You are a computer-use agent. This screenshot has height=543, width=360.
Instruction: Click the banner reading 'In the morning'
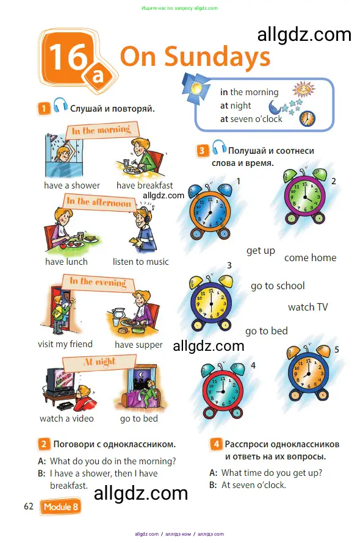pos(101,129)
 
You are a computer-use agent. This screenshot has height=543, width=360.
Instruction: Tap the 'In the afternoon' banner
pos(99,202)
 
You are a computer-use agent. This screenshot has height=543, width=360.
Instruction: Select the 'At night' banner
pos(99,361)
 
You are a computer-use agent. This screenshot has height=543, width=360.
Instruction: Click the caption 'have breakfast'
pos(145,185)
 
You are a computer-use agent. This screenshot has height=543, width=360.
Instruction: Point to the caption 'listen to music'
pos(141,262)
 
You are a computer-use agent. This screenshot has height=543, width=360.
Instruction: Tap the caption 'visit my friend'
pos(65,344)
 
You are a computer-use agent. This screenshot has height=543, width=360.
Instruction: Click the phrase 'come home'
pos(310,257)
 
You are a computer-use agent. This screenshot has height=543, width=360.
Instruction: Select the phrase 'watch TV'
pos(308,307)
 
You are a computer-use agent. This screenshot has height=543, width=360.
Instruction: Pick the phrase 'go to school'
pos(278,286)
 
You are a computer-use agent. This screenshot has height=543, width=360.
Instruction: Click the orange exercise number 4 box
pos(216,444)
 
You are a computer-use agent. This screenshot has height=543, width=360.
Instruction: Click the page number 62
pos(29,507)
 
